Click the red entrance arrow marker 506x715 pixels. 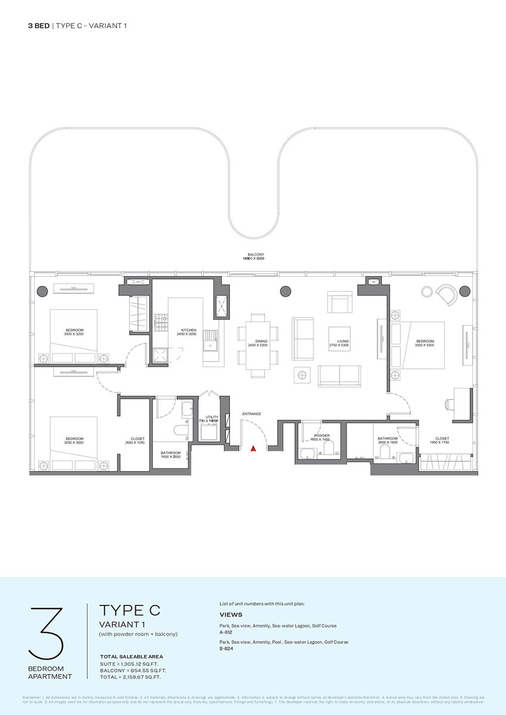pos(253,448)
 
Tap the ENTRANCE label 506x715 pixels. pos(251,414)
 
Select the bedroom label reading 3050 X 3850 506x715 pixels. pos(74,440)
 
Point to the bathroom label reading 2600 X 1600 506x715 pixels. pos(387,440)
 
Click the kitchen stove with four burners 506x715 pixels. pos(161,322)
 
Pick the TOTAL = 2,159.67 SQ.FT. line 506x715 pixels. pos(131,677)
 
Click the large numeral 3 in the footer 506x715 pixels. pos(46,633)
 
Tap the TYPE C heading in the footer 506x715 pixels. pos(129,611)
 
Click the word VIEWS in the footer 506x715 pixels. pos(231,614)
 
